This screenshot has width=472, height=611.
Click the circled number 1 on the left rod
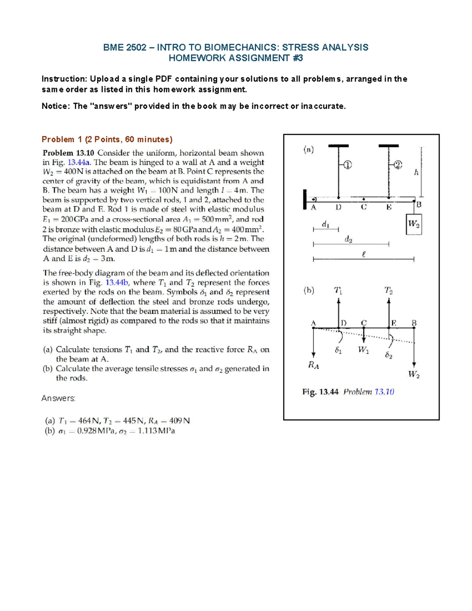(x=347, y=165)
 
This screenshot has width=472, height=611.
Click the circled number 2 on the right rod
(x=398, y=165)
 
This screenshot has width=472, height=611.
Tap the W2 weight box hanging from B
(x=413, y=224)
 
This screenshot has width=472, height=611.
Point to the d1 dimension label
(x=325, y=224)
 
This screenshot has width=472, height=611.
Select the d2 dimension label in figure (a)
(x=348, y=239)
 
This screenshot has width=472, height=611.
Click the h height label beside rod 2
(x=416, y=172)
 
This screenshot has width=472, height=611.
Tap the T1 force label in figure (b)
(x=338, y=291)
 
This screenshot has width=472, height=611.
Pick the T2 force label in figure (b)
(x=388, y=291)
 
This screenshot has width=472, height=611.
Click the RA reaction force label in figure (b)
(x=313, y=365)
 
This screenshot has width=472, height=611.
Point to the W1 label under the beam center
(x=363, y=350)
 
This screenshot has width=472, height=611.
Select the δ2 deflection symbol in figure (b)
(x=389, y=355)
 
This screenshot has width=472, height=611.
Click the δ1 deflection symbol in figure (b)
(x=338, y=350)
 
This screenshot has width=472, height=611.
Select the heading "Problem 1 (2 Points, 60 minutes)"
(x=107, y=139)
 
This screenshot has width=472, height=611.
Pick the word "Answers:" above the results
(x=58, y=399)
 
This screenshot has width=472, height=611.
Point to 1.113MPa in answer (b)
(x=156, y=431)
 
